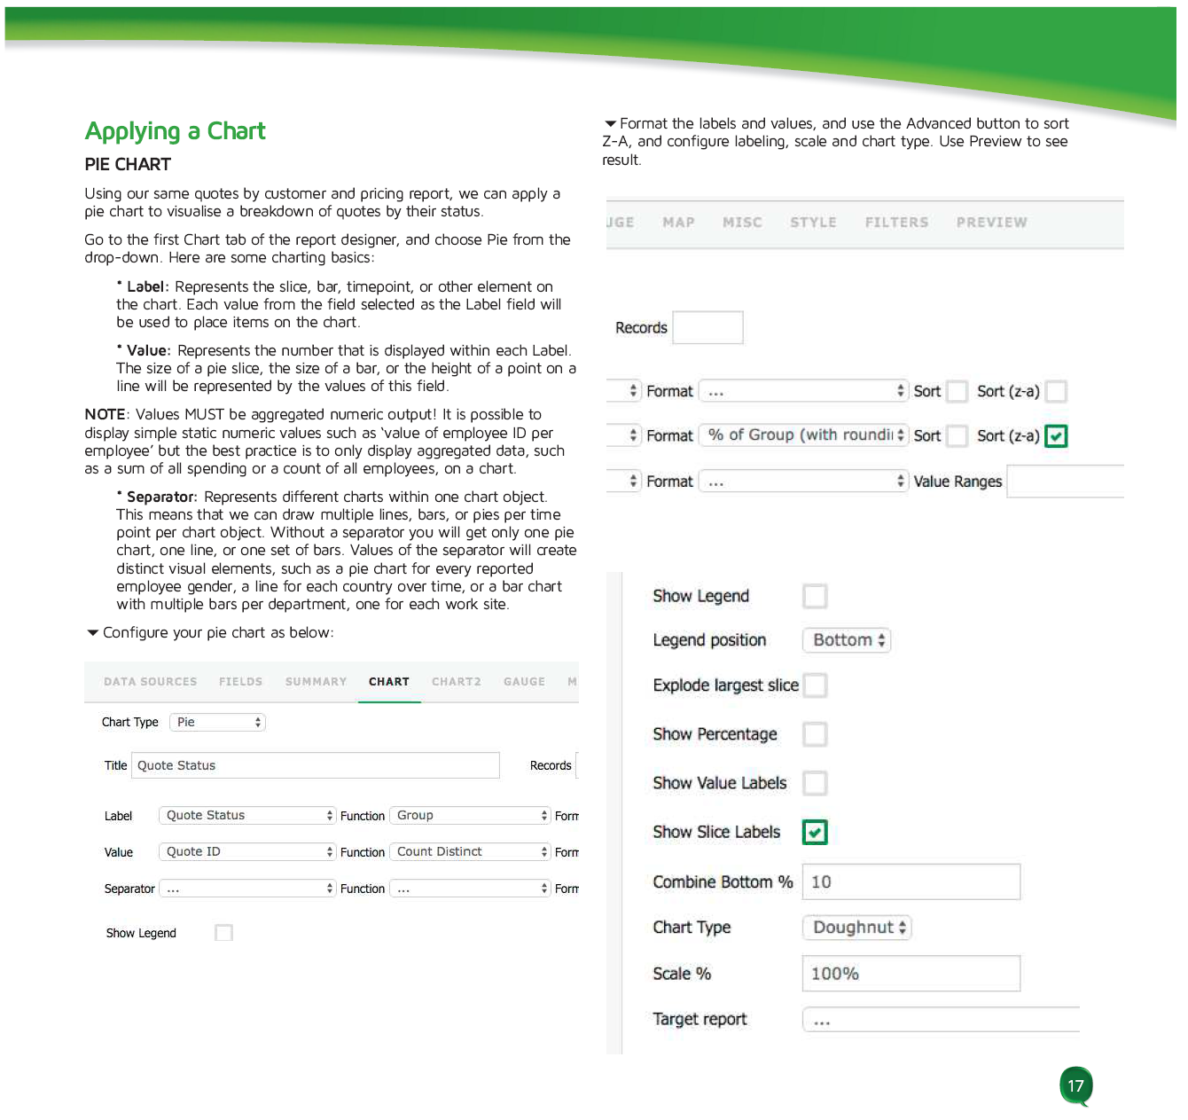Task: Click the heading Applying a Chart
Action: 175,131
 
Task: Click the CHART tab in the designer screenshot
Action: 389,682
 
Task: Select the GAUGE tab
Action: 524,682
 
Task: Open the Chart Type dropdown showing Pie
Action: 217,722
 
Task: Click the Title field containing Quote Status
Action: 315,765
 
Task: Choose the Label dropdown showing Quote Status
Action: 247,815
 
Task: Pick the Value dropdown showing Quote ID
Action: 247,851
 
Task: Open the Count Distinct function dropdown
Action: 471,851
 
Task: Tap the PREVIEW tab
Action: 991,223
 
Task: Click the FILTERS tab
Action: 896,223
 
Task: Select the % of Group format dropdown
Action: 803,435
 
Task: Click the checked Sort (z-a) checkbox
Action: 1056,436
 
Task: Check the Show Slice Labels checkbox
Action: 815,832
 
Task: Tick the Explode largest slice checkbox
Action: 815,685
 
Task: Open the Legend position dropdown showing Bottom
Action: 847,640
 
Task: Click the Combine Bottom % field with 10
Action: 911,882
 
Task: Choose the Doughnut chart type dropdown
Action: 857,928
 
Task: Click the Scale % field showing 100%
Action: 911,974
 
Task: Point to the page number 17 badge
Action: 1075,1085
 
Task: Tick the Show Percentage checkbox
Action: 815,734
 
